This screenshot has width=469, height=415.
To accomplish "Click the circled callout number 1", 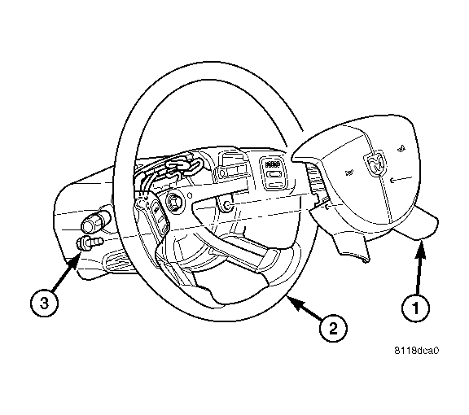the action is [x=415, y=308].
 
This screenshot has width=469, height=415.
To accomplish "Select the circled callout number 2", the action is [x=333, y=328].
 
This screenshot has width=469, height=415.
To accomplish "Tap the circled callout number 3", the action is [x=44, y=304].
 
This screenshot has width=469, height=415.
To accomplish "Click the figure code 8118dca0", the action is [x=416, y=350].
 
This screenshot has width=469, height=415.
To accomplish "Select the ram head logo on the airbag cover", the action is [x=374, y=164].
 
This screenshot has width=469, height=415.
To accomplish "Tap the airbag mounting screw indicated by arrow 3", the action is [x=89, y=242].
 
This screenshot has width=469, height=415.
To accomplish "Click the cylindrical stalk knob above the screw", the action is [x=94, y=222].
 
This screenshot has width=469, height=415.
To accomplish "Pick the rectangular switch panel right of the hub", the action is [x=272, y=173].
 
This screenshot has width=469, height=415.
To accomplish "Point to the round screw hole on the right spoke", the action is [x=227, y=206].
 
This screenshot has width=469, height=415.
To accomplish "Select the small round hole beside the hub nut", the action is [x=190, y=195].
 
